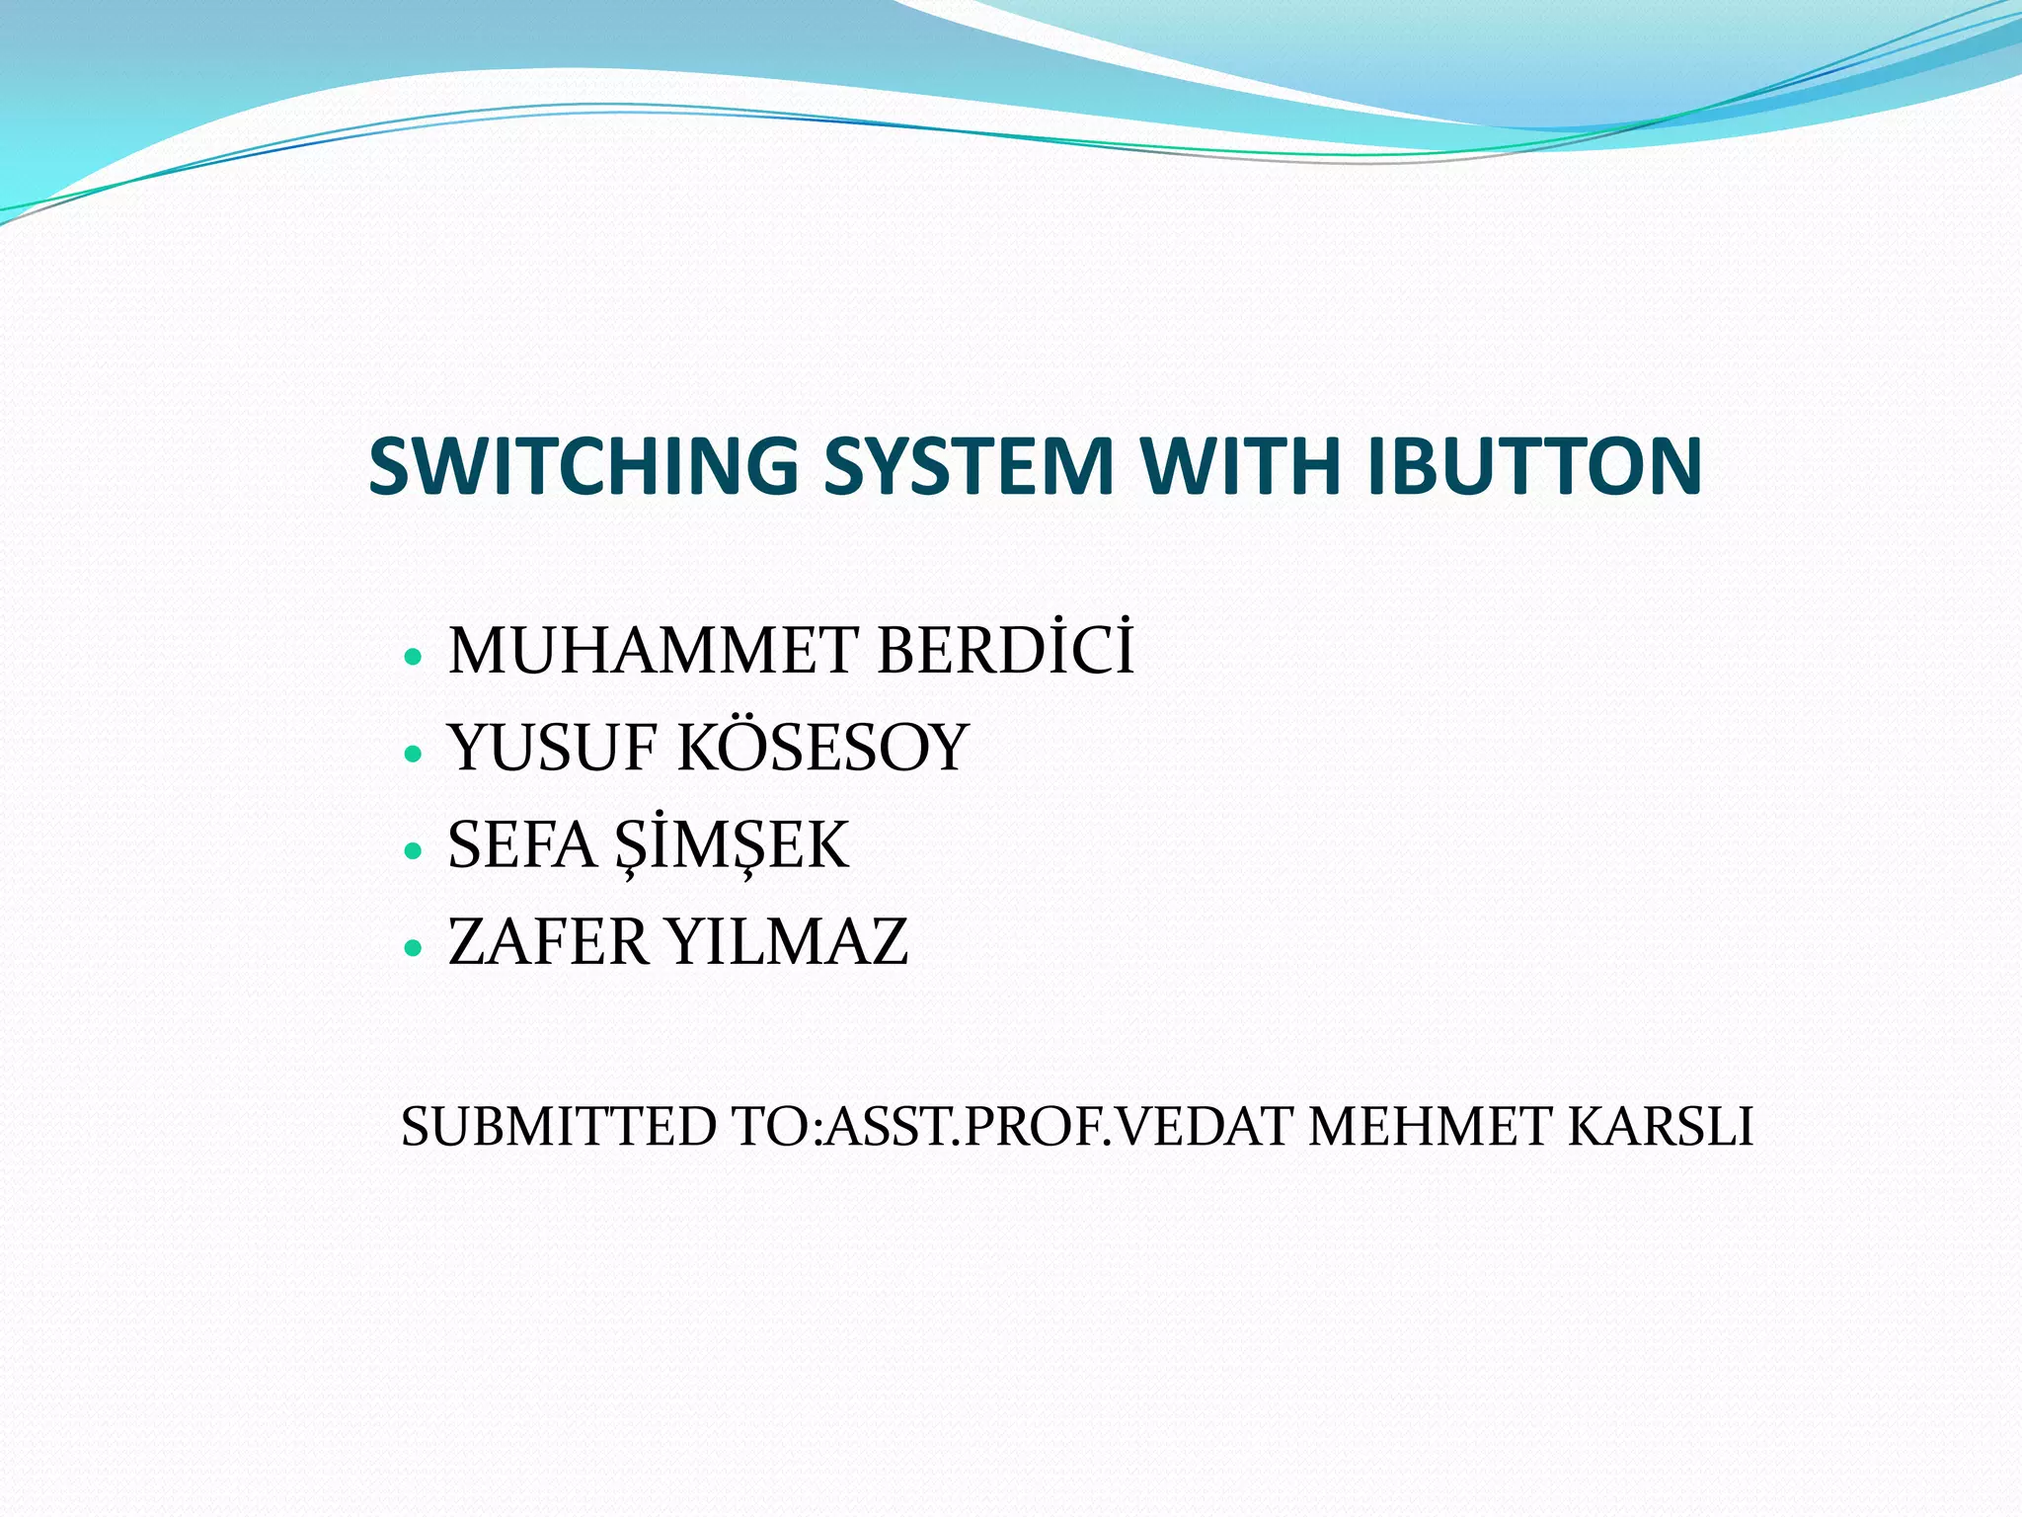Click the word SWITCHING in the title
coord(583,465)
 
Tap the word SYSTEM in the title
coord(969,465)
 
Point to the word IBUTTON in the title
coord(1535,465)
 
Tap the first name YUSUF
coord(552,748)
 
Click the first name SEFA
coord(521,844)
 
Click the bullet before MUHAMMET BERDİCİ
coord(414,656)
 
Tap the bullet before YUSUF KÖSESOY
coord(414,754)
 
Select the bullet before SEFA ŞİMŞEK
coord(414,850)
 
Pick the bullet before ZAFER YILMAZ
coord(414,948)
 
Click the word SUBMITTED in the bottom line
coord(559,1127)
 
